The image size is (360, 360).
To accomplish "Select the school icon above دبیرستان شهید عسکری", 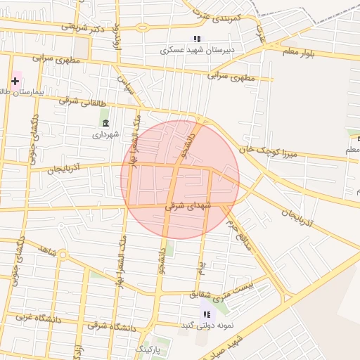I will point(196,39).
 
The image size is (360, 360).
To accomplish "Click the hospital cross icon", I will point(15,81).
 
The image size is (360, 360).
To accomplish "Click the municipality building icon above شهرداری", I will point(105,123).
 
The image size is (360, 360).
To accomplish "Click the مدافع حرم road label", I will point(239,234).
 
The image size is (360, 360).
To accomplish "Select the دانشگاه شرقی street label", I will point(112,327).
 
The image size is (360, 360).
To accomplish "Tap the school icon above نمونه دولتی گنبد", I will point(206,314).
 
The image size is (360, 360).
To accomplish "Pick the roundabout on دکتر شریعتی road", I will point(143,28).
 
